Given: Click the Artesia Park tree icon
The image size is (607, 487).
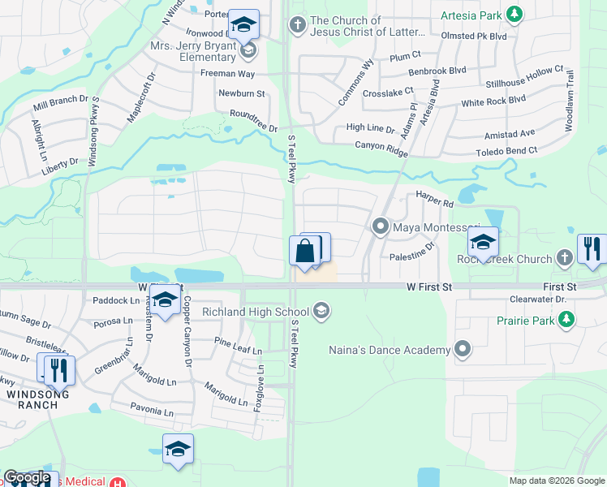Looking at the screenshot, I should (x=513, y=14).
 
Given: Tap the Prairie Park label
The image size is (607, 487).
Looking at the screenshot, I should (x=527, y=320).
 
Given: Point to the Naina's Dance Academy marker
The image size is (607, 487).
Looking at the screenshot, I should (x=463, y=350).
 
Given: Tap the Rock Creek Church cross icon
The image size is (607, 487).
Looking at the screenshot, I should (x=565, y=258).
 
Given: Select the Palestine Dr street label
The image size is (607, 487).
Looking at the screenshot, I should (x=411, y=254).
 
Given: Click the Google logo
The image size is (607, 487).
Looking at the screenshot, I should (x=28, y=477).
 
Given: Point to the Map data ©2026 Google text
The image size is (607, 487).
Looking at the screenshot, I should (x=556, y=481).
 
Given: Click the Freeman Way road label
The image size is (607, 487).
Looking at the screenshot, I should (x=228, y=74).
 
